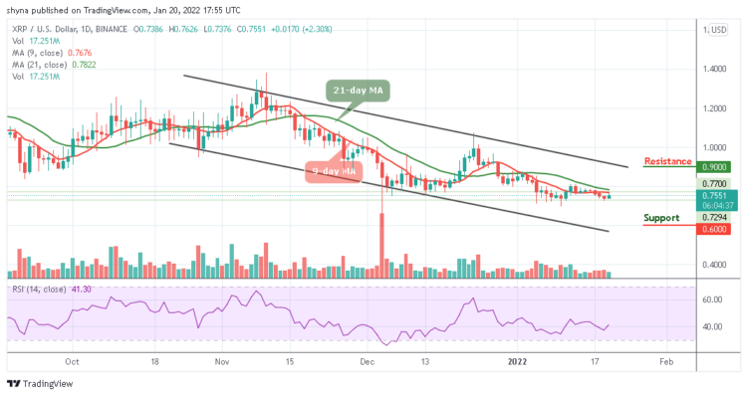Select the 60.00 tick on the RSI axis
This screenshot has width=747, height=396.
(x=713, y=299)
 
